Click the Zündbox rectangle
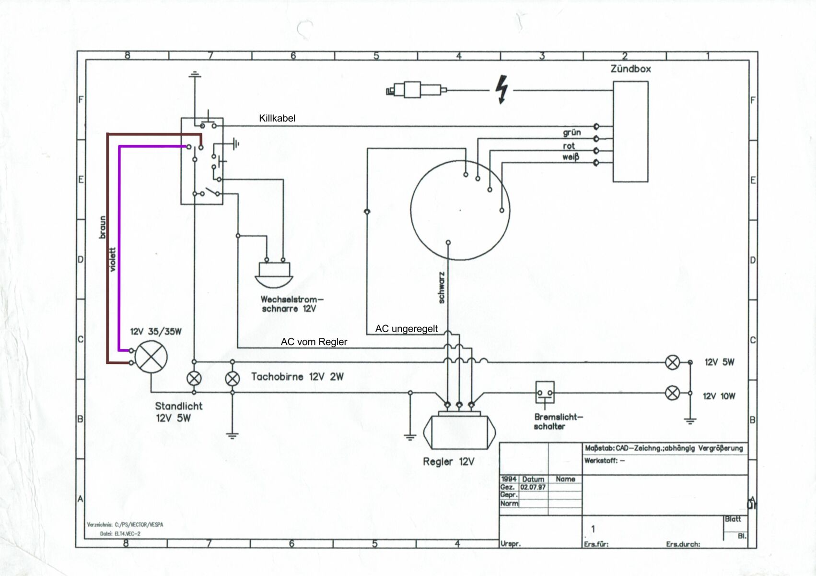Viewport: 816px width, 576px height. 630,132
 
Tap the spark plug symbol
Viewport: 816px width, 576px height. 416,90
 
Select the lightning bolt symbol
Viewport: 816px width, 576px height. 501,89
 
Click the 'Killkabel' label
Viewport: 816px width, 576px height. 277,118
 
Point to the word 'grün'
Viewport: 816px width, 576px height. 571,132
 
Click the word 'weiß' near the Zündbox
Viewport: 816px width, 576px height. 571,157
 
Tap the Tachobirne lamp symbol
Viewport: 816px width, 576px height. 233,379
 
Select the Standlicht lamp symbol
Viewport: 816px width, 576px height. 194,379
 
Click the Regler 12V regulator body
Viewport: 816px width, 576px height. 459,432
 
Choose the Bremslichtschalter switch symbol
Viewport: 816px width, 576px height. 545,393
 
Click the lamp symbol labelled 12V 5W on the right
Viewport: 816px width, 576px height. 673,362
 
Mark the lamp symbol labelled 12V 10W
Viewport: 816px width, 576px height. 673,394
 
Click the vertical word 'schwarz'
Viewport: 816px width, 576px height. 442,288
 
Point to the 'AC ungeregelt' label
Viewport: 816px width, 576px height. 406,329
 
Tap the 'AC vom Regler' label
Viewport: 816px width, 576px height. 314,342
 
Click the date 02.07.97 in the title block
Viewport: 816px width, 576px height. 533,487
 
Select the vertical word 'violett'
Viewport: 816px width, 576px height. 113,260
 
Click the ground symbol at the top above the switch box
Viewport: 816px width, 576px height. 194,74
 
